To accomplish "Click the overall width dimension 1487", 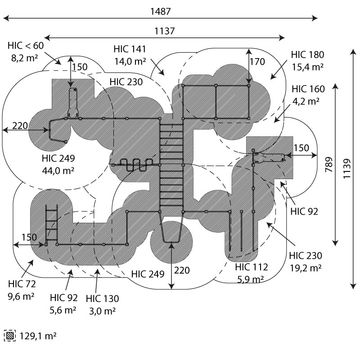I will pos(161,11).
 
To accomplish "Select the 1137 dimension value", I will pos(164,31).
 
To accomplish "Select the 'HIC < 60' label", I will pos(26,46).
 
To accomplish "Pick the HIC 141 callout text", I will pos(130,49).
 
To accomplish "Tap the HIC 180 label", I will pos(308,55).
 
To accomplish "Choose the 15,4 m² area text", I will pos(308,67).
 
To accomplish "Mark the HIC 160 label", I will pos(308,89).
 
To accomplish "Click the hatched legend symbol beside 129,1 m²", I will pos(9,336).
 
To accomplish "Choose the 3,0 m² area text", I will pos(102,310).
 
